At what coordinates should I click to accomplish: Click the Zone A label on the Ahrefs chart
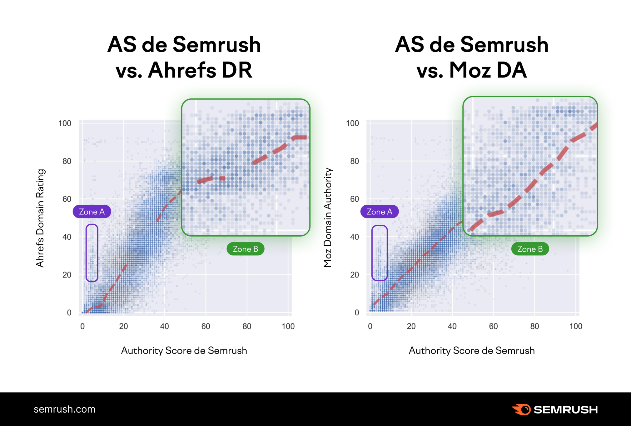92,212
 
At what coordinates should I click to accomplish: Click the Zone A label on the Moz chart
379,212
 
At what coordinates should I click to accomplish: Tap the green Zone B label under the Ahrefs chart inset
245,249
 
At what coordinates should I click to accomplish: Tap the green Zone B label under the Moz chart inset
530,249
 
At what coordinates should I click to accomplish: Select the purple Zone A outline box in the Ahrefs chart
92,224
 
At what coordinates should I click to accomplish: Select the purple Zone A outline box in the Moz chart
379,226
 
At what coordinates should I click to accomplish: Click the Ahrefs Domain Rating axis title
40,218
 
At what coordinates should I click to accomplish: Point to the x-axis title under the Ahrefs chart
184,350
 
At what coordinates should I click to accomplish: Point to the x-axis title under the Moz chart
472,350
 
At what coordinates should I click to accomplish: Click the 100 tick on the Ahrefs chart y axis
65,123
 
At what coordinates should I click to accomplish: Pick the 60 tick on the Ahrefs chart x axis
206,326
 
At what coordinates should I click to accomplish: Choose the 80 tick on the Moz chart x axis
534,326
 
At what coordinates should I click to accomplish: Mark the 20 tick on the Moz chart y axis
354,275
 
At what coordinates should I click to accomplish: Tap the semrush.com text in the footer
64,409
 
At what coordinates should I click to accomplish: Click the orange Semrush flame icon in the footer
521,409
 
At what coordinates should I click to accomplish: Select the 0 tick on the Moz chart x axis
370,326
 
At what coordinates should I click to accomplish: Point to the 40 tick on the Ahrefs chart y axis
67,237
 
